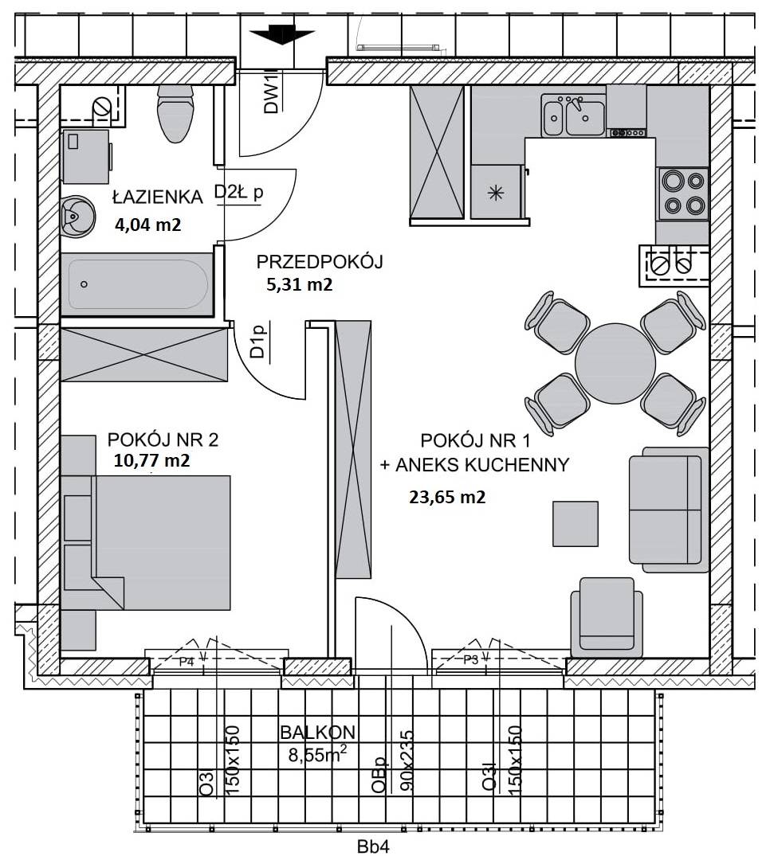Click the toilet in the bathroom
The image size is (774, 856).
click(175, 113)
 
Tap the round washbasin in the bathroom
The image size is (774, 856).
click(77, 217)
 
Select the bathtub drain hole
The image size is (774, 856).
click(84, 284)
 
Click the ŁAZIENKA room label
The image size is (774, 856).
click(157, 197)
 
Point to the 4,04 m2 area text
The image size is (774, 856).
click(147, 225)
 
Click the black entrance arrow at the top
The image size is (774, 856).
click(281, 36)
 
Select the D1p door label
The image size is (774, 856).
click(257, 342)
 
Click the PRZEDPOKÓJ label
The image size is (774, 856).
click(319, 262)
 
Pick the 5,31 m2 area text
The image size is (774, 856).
click(300, 284)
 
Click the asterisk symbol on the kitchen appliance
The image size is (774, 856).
click(495, 192)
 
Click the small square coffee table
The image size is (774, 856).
click(575, 524)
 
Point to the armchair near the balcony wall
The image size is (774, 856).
click(607, 617)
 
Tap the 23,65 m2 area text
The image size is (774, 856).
click(447, 498)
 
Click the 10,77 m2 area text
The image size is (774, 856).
click(152, 461)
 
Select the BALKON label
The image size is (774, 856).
click(317, 733)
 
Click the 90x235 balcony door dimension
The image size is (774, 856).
click(407, 761)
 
